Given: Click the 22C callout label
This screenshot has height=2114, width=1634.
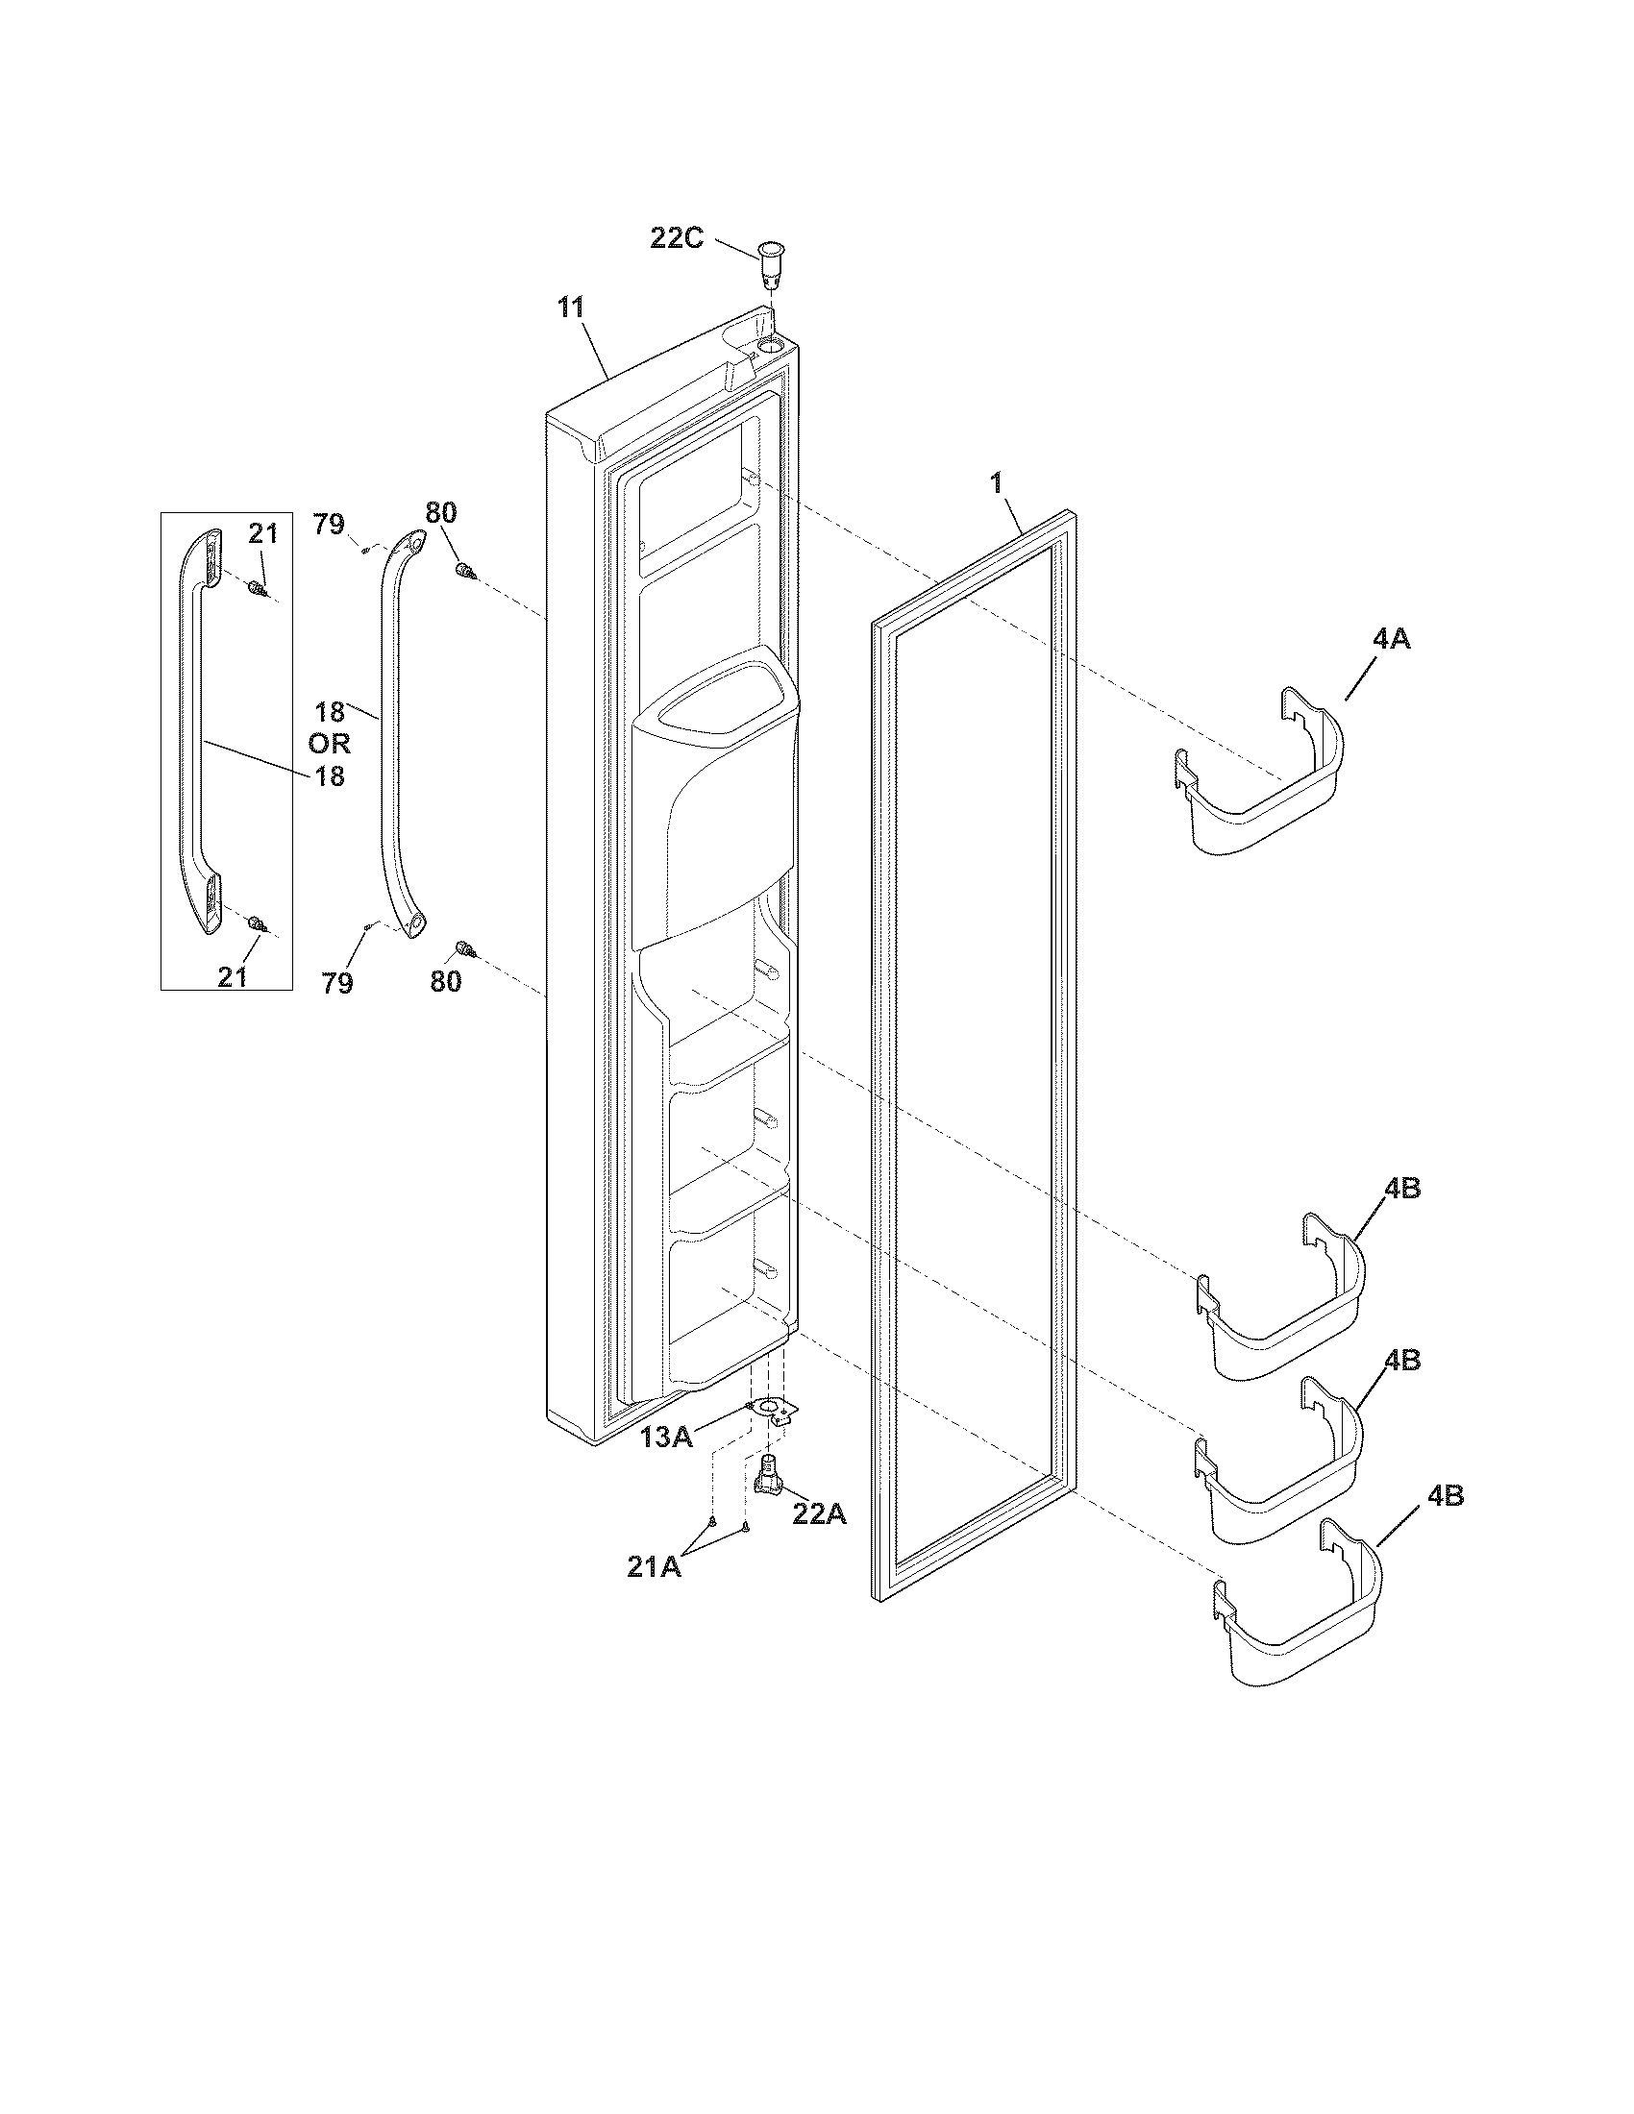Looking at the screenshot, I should [x=676, y=237].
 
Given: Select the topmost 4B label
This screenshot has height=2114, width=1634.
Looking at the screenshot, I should [x=1400, y=1189].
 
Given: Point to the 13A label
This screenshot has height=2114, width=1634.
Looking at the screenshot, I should [x=666, y=1437].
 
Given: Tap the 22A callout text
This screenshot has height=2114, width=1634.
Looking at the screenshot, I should [x=819, y=1513].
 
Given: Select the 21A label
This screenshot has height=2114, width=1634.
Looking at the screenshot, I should [x=655, y=1567].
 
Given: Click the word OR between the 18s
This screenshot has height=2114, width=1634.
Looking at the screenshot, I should [x=329, y=744].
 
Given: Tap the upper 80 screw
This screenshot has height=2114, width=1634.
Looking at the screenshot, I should [x=465, y=572].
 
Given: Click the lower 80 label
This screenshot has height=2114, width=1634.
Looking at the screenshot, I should [x=445, y=981].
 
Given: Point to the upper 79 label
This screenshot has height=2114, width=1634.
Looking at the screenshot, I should [x=329, y=524].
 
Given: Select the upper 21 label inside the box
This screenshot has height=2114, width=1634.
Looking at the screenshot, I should [x=262, y=533].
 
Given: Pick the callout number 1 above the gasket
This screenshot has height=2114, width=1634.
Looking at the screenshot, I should [x=997, y=483].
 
